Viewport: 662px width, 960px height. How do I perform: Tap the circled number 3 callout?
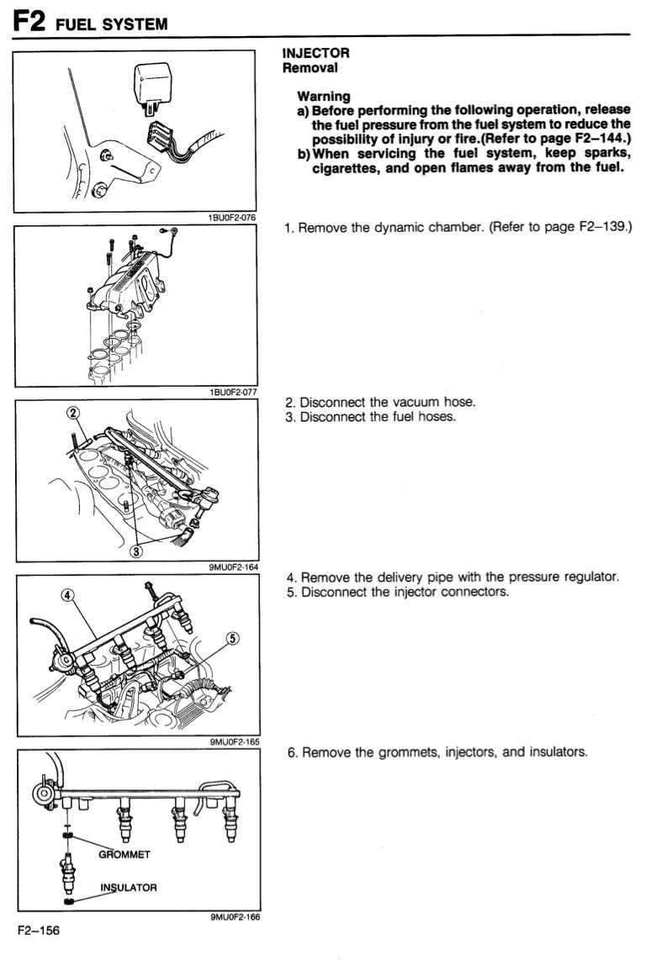(136, 551)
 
